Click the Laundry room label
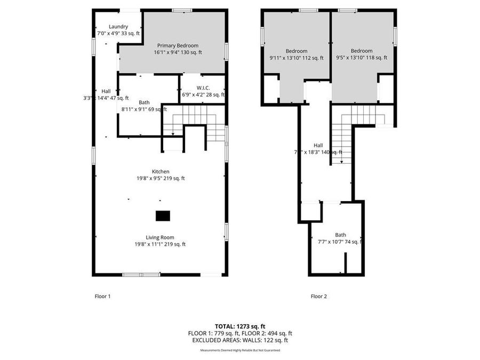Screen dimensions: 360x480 click(x=118, y=27)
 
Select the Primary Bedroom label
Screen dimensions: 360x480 click(x=178, y=46)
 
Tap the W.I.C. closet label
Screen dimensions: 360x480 click(x=203, y=87)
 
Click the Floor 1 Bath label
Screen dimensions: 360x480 click(x=144, y=102)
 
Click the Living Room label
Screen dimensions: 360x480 click(x=160, y=237)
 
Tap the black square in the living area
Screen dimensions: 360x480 click(x=163, y=215)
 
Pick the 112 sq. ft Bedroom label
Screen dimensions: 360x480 click(x=296, y=51)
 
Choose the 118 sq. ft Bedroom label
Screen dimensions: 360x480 click(x=361, y=51)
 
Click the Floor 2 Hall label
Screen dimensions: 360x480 click(x=318, y=145)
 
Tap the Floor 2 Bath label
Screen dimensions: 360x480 click(x=340, y=235)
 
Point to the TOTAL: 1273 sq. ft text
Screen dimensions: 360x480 click(x=239, y=326)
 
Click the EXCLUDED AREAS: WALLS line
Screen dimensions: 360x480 click(x=239, y=340)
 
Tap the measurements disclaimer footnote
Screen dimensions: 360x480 click(x=239, y=350)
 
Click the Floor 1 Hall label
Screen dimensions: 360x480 click(x=106, y=91)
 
